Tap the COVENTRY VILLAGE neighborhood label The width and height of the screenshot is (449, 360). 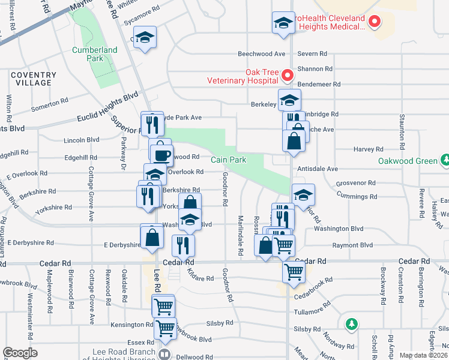tap(33, 79)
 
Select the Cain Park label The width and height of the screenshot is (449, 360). tap(228, 160)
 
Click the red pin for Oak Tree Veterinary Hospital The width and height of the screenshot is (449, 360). tap(287, 75)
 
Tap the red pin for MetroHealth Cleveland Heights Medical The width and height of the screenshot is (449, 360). tap(375, 22)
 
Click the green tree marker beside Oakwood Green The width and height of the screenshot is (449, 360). tap(445, 160)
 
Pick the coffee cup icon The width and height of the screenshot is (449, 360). tap(162, 154)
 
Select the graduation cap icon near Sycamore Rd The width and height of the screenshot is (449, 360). tap(145, 37)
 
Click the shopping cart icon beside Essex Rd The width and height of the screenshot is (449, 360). tap(164, 328)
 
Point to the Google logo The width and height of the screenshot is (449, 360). tap(20, 353)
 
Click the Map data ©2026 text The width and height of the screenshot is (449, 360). tap(423, 355)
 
